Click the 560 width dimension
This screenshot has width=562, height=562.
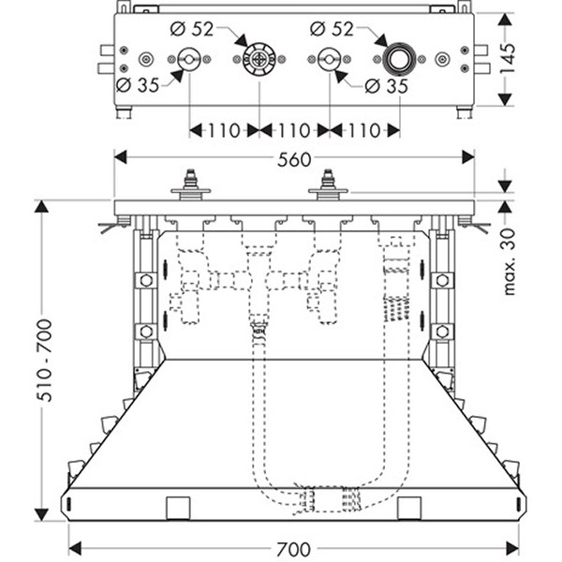293,160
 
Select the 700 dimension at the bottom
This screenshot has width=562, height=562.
293,548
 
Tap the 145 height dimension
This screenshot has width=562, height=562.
534,61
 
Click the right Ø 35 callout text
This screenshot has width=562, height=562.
384,87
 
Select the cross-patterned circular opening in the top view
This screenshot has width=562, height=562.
258,61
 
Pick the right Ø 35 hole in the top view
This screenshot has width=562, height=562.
328,61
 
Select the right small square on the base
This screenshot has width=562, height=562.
409,508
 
